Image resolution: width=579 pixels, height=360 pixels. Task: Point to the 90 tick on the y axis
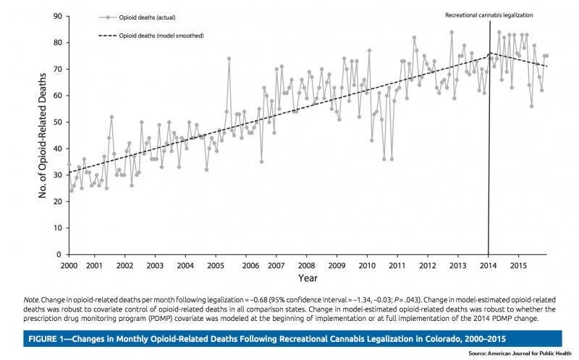point(58,16)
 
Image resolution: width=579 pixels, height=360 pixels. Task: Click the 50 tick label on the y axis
point(58,122)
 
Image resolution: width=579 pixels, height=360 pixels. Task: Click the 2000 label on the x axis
point(69,264)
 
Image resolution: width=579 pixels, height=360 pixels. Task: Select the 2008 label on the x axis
point(308,264)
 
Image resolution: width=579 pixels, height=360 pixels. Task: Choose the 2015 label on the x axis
point(518,264)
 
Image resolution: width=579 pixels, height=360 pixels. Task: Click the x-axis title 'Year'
point(308,277)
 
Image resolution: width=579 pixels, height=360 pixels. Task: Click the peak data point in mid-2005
point(229,58)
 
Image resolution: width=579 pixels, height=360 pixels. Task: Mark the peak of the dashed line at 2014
point(489,53)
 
